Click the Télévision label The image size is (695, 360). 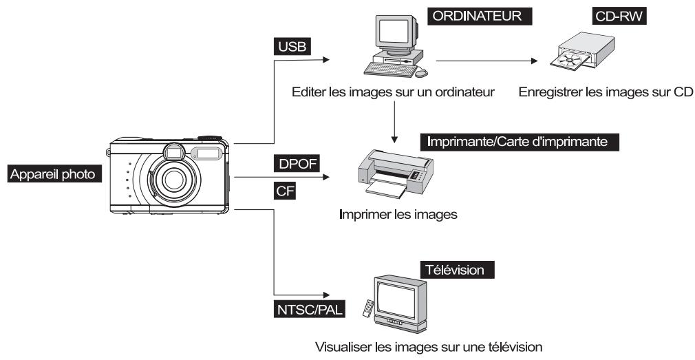tap(458, 270)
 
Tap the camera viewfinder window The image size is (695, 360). tap(172, 151)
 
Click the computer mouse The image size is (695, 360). tap(421, 72)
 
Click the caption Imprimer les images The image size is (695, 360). tap(398, 215)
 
